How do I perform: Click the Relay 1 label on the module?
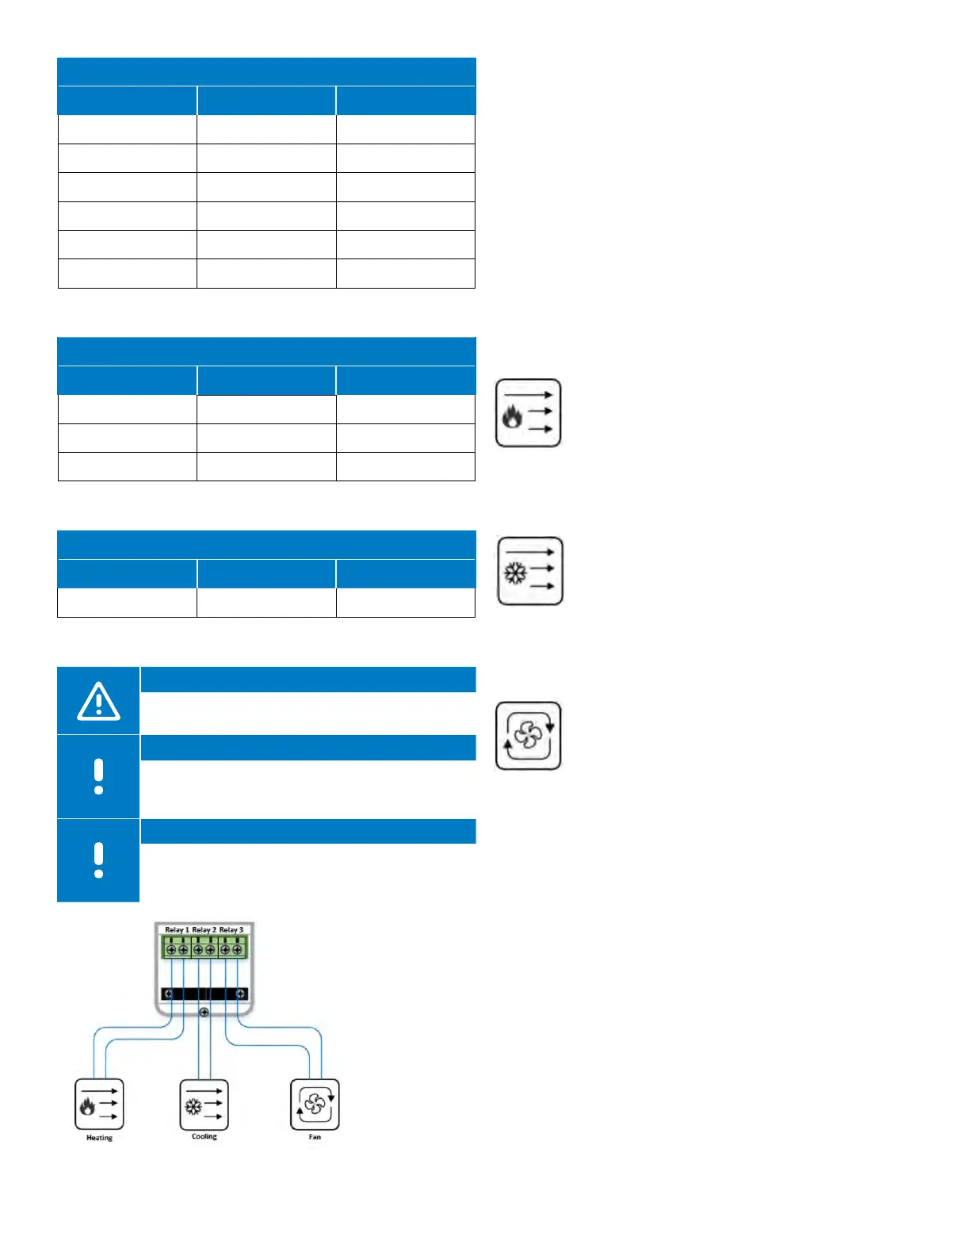(177, 929)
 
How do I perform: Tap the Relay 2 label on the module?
(204, 929)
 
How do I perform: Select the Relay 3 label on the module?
(231, 929)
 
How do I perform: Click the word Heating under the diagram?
(99, 1138)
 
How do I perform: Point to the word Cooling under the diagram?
(204, 1136)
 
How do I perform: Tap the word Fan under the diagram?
(315, 1137)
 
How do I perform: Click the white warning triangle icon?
(98, 701)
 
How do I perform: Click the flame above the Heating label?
(87, 1105)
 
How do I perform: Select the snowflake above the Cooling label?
(193, 1105)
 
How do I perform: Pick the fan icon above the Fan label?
(315, 1104)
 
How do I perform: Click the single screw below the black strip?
(204, 1013)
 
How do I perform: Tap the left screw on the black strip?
(168, 994)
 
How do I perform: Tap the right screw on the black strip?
(240, 994)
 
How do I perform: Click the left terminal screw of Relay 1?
(171, 949)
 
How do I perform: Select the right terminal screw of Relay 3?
(237, 949)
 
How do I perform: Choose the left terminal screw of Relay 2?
(198, 949)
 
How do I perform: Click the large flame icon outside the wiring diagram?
(513, 416)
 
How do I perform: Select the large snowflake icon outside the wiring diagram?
(516, 572)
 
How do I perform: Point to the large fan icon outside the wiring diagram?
(528, 736)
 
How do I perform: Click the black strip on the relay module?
(204, 994)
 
